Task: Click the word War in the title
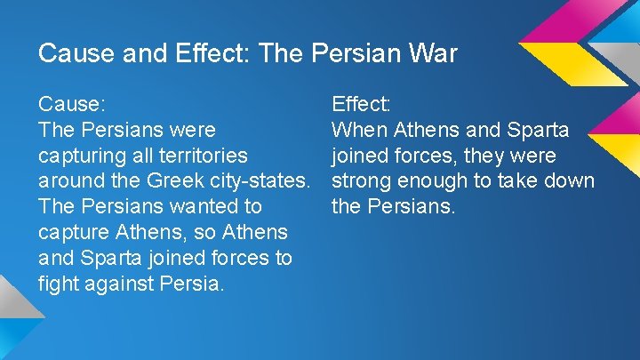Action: tap(430, 53)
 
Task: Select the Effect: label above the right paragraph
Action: tap(361, 104)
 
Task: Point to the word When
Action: tap(359, 130)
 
